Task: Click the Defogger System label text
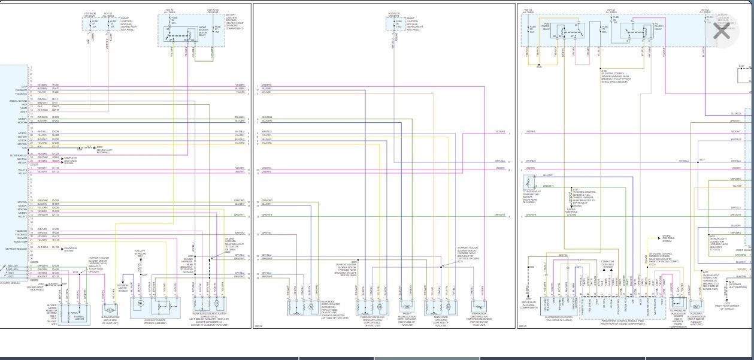(71, 248)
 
